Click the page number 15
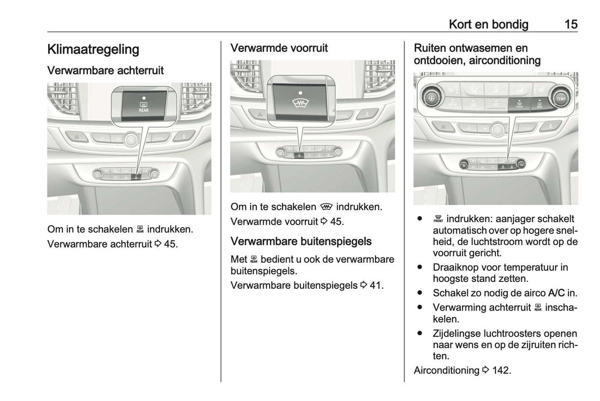tap(571, 24)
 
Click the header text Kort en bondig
tap(488, 24)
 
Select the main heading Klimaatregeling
tap(93, 49)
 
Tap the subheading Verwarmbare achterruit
tap(105, 71)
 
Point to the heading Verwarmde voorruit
tap(279, 48)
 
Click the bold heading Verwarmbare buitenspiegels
tap(301, 242)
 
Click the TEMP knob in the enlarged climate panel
tap(561, 99)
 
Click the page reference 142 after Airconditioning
tap(501, 370)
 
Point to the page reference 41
tap(375, 286)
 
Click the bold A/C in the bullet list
tap(556, 293)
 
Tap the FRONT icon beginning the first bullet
tap(438, 219)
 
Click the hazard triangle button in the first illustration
tap(76, 136)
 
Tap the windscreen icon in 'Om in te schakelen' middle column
tap(326, 207)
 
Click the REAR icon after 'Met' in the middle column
tap(254, 260)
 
